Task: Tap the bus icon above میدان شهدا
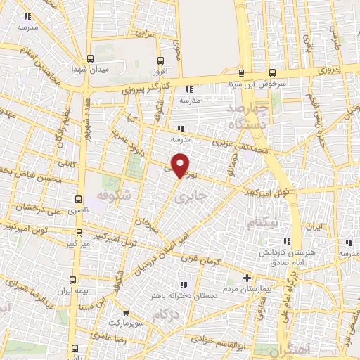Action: (x=89, y=59)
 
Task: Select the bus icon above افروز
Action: (x=161, y=60)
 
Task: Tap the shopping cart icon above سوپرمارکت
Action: (x=125, y=312)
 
